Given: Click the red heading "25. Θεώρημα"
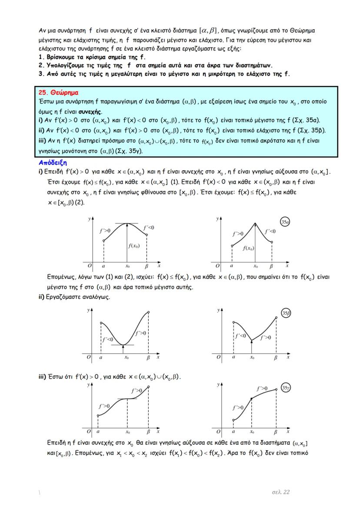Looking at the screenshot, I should pos(59,93).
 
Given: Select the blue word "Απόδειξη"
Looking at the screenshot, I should pos(52,162).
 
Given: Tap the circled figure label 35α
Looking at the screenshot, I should pos(285,222).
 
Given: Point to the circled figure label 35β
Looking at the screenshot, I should pos(286,313).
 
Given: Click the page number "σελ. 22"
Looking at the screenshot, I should pos(280,492).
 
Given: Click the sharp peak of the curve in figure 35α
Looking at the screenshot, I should pos(255,223).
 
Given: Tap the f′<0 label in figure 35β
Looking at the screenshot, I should pos(240,336).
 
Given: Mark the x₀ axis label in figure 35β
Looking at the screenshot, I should pos(252,358).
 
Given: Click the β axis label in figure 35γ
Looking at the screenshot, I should pos(275,432).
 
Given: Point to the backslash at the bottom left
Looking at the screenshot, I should pos(40,492).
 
